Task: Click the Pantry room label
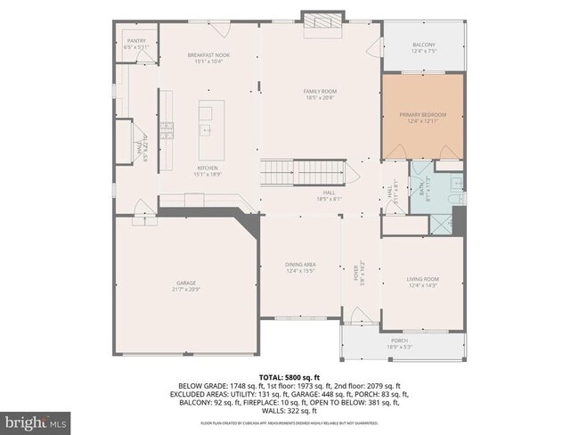point(136,40)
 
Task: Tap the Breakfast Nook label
point(208,55)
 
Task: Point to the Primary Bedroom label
point(423,115)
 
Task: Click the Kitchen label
point(208,168)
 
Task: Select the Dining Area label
point(300,265)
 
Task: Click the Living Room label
point(423,280)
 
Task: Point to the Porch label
point(398,341)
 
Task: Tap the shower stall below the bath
point(440,221)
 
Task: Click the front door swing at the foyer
point(358,315)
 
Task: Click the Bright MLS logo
point(36,419)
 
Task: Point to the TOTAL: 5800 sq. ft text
point(289,377)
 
